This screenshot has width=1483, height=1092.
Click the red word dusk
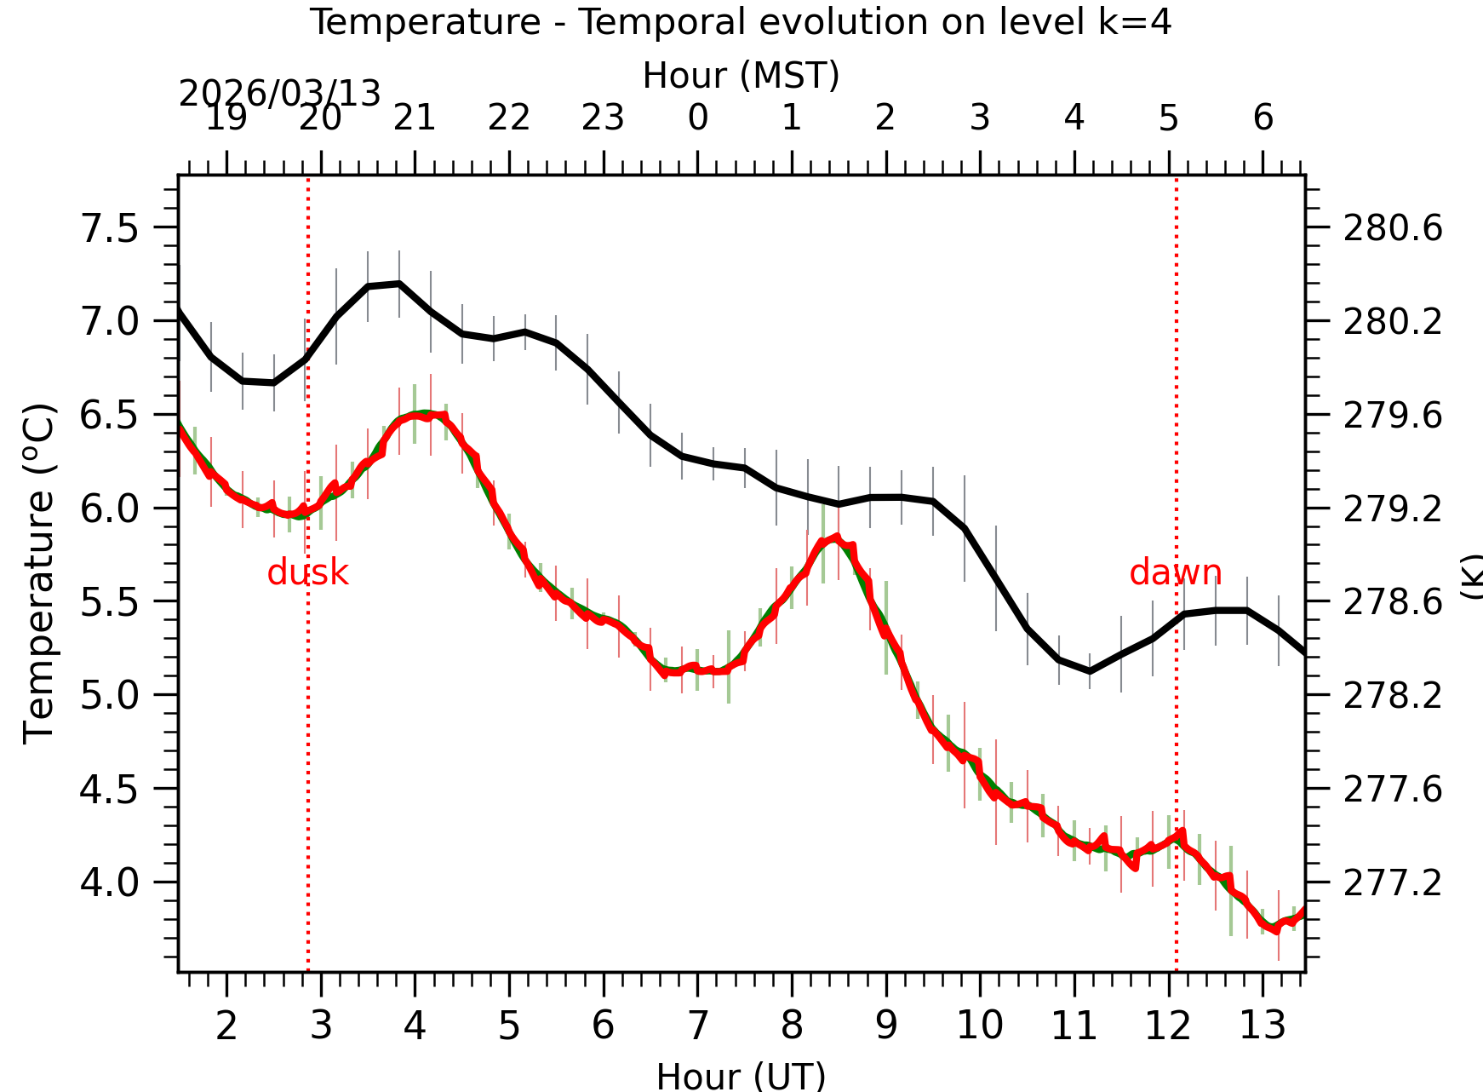(x=307, y=573)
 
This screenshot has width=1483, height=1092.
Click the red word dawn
(x=1175, y=573)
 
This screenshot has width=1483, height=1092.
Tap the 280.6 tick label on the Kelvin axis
(x=1393, y=229)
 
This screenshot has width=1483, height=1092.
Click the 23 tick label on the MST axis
(x=603, y=118)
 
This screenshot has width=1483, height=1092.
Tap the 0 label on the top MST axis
(x=697, y=118)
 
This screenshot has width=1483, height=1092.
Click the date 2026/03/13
(x=279, y=94)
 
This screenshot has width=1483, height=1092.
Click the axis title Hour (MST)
(x=741, y=76)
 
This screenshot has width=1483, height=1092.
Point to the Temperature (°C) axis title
(x=39, y=572)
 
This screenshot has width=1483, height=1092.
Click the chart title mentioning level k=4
(x=741, y=22)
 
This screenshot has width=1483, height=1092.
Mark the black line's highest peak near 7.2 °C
(x=398, y=284)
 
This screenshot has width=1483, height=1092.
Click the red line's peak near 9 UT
(x=838, y=537)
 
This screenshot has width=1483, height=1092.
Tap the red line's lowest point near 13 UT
(x=1277, y=931)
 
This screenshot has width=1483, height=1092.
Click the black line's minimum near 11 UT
(x=1090, y=672)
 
